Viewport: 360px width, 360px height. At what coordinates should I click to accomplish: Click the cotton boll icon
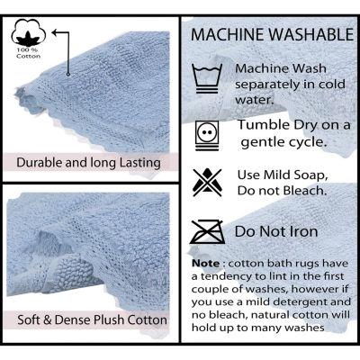29,32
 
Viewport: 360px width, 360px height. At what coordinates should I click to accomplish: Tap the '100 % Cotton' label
29,53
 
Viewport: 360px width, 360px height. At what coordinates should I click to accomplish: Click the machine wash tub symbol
207,78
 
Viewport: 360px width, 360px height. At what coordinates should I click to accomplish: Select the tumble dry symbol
207,135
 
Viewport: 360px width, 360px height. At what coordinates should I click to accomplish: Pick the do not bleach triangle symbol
207,183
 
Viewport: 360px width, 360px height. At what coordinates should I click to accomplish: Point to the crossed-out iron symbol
208,231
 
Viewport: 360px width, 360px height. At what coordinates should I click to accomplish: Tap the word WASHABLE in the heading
311,34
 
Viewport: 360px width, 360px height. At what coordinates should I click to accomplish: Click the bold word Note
205,264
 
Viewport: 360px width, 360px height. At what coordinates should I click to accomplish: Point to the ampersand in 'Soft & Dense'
48,319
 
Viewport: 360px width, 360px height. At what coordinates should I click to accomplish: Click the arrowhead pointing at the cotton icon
55,32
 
